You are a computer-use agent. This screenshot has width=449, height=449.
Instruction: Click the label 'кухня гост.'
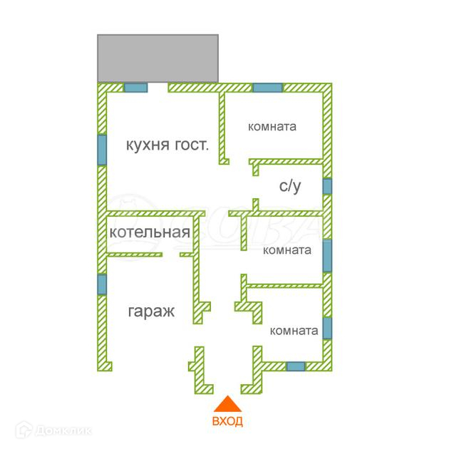[x=167, y=145]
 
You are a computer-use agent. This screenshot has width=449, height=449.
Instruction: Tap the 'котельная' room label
[x=150, y=232]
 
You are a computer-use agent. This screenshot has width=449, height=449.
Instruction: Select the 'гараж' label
[x=151, y=311]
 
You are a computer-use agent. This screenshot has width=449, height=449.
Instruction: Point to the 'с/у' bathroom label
[x=289, y=187]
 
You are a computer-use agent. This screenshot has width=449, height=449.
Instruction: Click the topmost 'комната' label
[x=272, y=127]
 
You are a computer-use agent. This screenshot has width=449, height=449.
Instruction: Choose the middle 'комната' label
[x=287, y=250]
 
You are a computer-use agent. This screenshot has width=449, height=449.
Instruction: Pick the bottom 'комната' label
[x=294, y=331]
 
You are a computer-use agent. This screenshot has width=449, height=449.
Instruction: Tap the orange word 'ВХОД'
[x=227, y=421]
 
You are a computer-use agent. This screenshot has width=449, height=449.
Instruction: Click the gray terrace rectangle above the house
[x=158, y=57]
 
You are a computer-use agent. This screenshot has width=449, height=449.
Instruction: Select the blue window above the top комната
[x=267, y=88]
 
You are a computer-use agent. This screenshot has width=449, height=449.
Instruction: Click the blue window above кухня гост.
[x=135, y=88]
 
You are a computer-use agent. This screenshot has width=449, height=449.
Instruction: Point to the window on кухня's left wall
[x=102, y=150]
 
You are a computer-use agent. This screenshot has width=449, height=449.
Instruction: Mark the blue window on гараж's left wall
[x=102, y=284]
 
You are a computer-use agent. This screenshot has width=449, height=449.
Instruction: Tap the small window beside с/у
[x=327, y=186]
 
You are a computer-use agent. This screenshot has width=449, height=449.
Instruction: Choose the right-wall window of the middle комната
[x=327, y=255]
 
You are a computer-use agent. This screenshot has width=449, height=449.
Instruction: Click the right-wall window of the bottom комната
[x=327, y=328]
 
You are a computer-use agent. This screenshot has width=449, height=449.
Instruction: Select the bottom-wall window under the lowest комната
[x=295, y=366]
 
